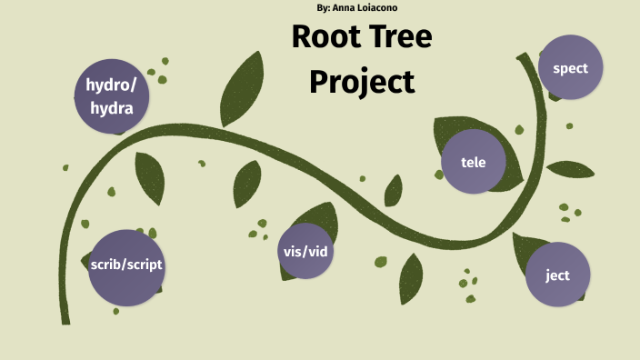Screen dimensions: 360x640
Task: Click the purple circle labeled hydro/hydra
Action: (x=111, y=96)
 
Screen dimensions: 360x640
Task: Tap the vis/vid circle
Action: (x=305, y=251)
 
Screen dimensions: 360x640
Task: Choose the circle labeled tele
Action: (x=473, y=163)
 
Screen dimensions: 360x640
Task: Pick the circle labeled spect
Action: (x=570, y=68)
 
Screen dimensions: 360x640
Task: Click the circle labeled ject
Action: (x=557, y=275)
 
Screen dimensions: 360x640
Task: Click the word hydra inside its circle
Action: (x=111, y=108)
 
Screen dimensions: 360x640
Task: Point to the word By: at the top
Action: (x=324, y=8)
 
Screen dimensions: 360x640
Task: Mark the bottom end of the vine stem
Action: (x=65, y=320)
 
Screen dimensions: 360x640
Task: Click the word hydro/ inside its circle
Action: (x=111, y=85)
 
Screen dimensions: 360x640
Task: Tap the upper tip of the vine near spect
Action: (x=522, y=57)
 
